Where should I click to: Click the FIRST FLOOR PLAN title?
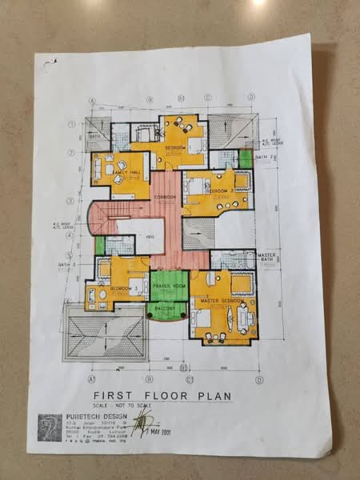coord(162,395)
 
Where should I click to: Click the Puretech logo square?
coord(50,426)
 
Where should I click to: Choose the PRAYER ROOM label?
coord(169,286)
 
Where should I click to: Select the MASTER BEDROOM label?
coord(223,300)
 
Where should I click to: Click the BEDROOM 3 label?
coord(121,287)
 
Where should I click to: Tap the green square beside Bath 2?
coord(246,158)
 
